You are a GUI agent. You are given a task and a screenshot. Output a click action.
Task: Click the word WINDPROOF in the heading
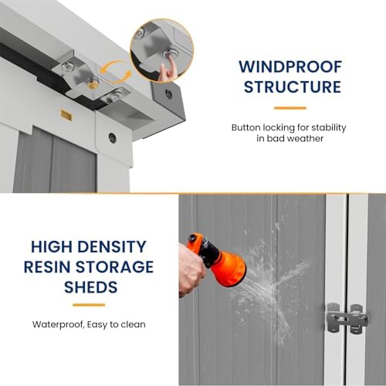290,66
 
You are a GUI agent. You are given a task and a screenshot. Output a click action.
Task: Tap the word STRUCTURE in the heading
293,86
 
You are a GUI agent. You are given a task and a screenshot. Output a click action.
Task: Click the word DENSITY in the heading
112,246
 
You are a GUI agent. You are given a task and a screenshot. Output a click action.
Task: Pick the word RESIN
47,267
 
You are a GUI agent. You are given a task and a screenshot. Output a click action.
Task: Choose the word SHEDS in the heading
91,287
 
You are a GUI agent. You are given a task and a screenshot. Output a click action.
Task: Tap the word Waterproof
58,325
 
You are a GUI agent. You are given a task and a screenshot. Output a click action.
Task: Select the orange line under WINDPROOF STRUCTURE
290,108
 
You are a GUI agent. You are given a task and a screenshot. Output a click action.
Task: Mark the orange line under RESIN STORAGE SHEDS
89,305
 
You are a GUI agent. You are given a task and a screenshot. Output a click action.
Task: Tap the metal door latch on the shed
347,318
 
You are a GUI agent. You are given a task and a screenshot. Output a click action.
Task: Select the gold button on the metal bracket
93,83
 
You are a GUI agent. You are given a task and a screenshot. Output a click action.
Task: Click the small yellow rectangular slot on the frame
66,115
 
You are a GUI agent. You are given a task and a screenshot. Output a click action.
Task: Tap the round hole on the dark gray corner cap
169,93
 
